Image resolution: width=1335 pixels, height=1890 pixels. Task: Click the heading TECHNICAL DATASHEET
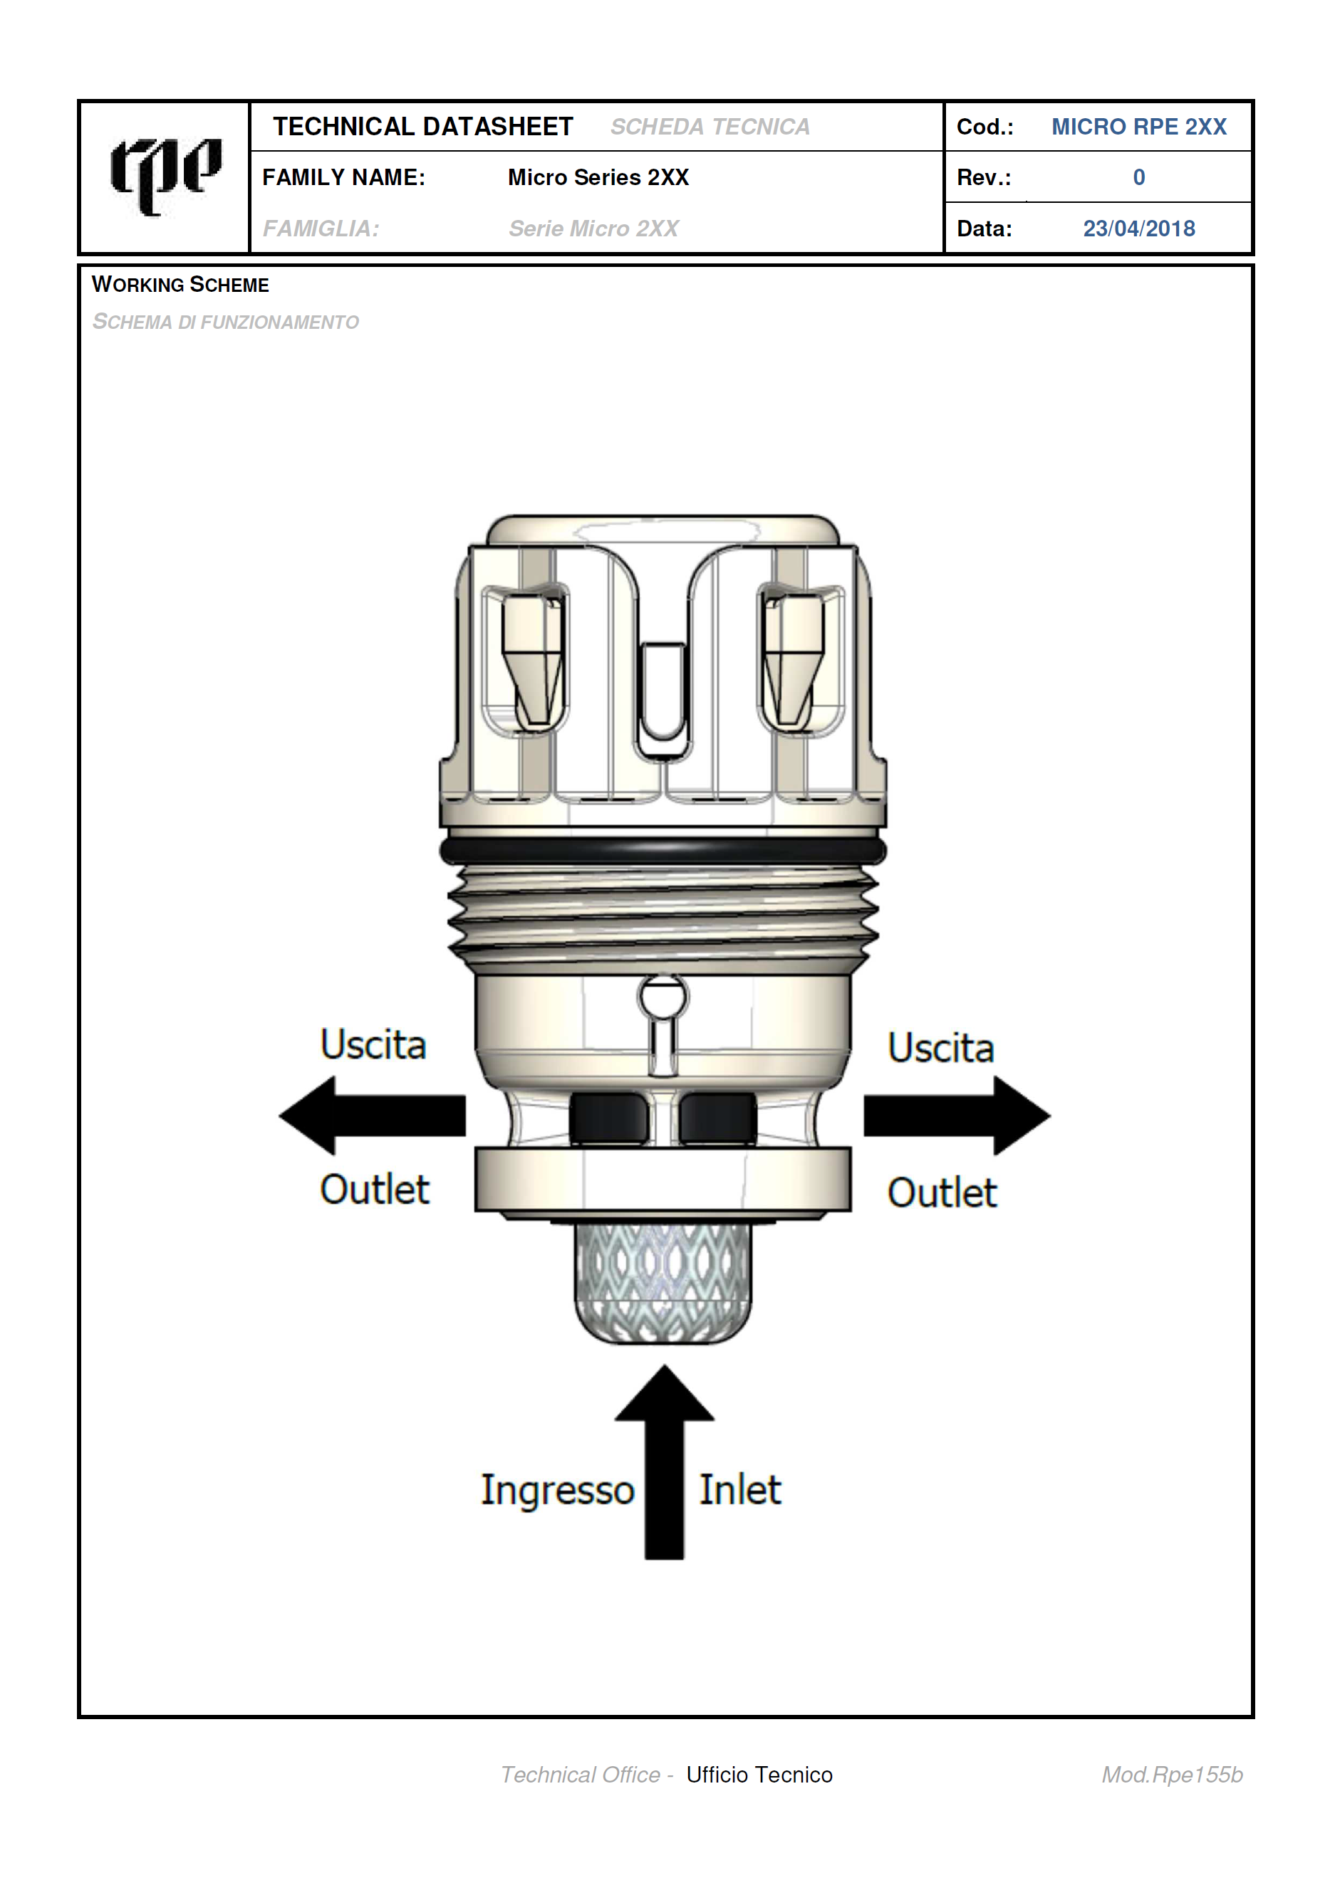click(x=422, y=127)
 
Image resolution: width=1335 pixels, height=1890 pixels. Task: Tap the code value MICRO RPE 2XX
click(x=1138, y=127)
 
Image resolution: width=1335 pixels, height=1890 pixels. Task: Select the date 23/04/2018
click(x=1138, y=229)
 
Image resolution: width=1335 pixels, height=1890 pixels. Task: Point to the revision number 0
click(x=1139, y=178)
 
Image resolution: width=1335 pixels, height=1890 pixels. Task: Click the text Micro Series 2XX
click(x=598, y=178)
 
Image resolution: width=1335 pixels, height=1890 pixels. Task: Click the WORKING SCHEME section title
click(x=180, y=285)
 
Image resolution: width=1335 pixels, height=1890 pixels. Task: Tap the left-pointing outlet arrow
click(x=373, y=1115)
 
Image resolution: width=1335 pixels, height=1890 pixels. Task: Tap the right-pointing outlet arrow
click(x=957, y=1115)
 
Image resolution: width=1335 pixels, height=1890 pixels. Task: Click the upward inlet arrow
click(x=664, y=1462)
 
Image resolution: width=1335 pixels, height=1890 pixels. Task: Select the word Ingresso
click(x=558, y=1491)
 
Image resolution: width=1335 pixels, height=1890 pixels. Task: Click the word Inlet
click(x=739, y=1490)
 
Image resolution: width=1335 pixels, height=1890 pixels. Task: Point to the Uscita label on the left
click(x=373, y=1044)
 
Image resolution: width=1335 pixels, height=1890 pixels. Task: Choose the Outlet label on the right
click(x=942, y=1193)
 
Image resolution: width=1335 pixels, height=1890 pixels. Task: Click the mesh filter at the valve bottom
click(x=663, y=1281)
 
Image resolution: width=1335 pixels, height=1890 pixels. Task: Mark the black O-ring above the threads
click(x=663, y=851)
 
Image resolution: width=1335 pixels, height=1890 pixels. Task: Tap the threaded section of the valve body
click(x=663, y=920)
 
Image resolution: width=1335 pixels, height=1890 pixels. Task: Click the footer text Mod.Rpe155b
click(x=1172, y=1775)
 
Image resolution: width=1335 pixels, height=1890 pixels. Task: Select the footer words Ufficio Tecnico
click(x=759, y=1775)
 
